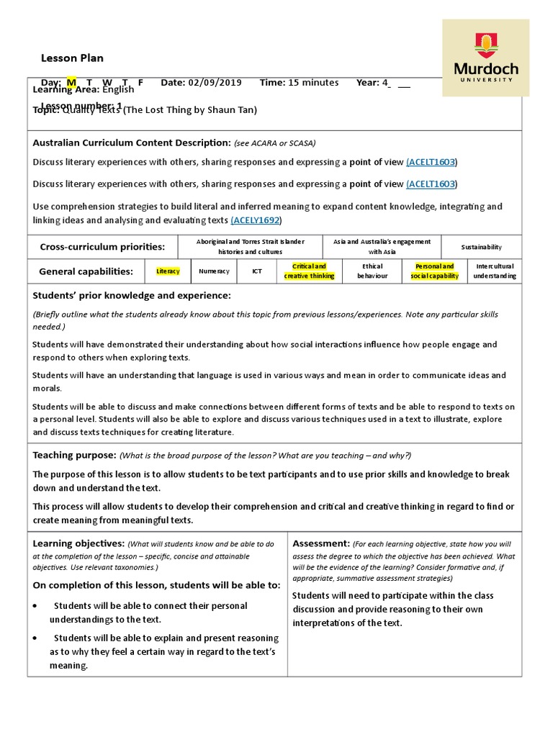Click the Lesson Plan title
click(x=72, y=58)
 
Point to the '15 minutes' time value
click(x=313, y=83)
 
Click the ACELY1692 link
click(x=256, y=220)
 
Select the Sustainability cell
click(x=482, y=247)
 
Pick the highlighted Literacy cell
click(x=167, y=271)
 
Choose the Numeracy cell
click(x=214, y=271)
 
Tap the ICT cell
click(x=257, y=271)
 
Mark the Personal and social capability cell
click(x=434, y=271)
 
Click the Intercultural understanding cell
click(x=494, y=271)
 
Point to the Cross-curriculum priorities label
click(x=102, y=247)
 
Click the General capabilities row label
click(x=86, y=271)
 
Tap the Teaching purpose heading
click(x=74, y=455)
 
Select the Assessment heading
click(x=321, y=543)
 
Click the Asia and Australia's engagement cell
click(x=382, y=247)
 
